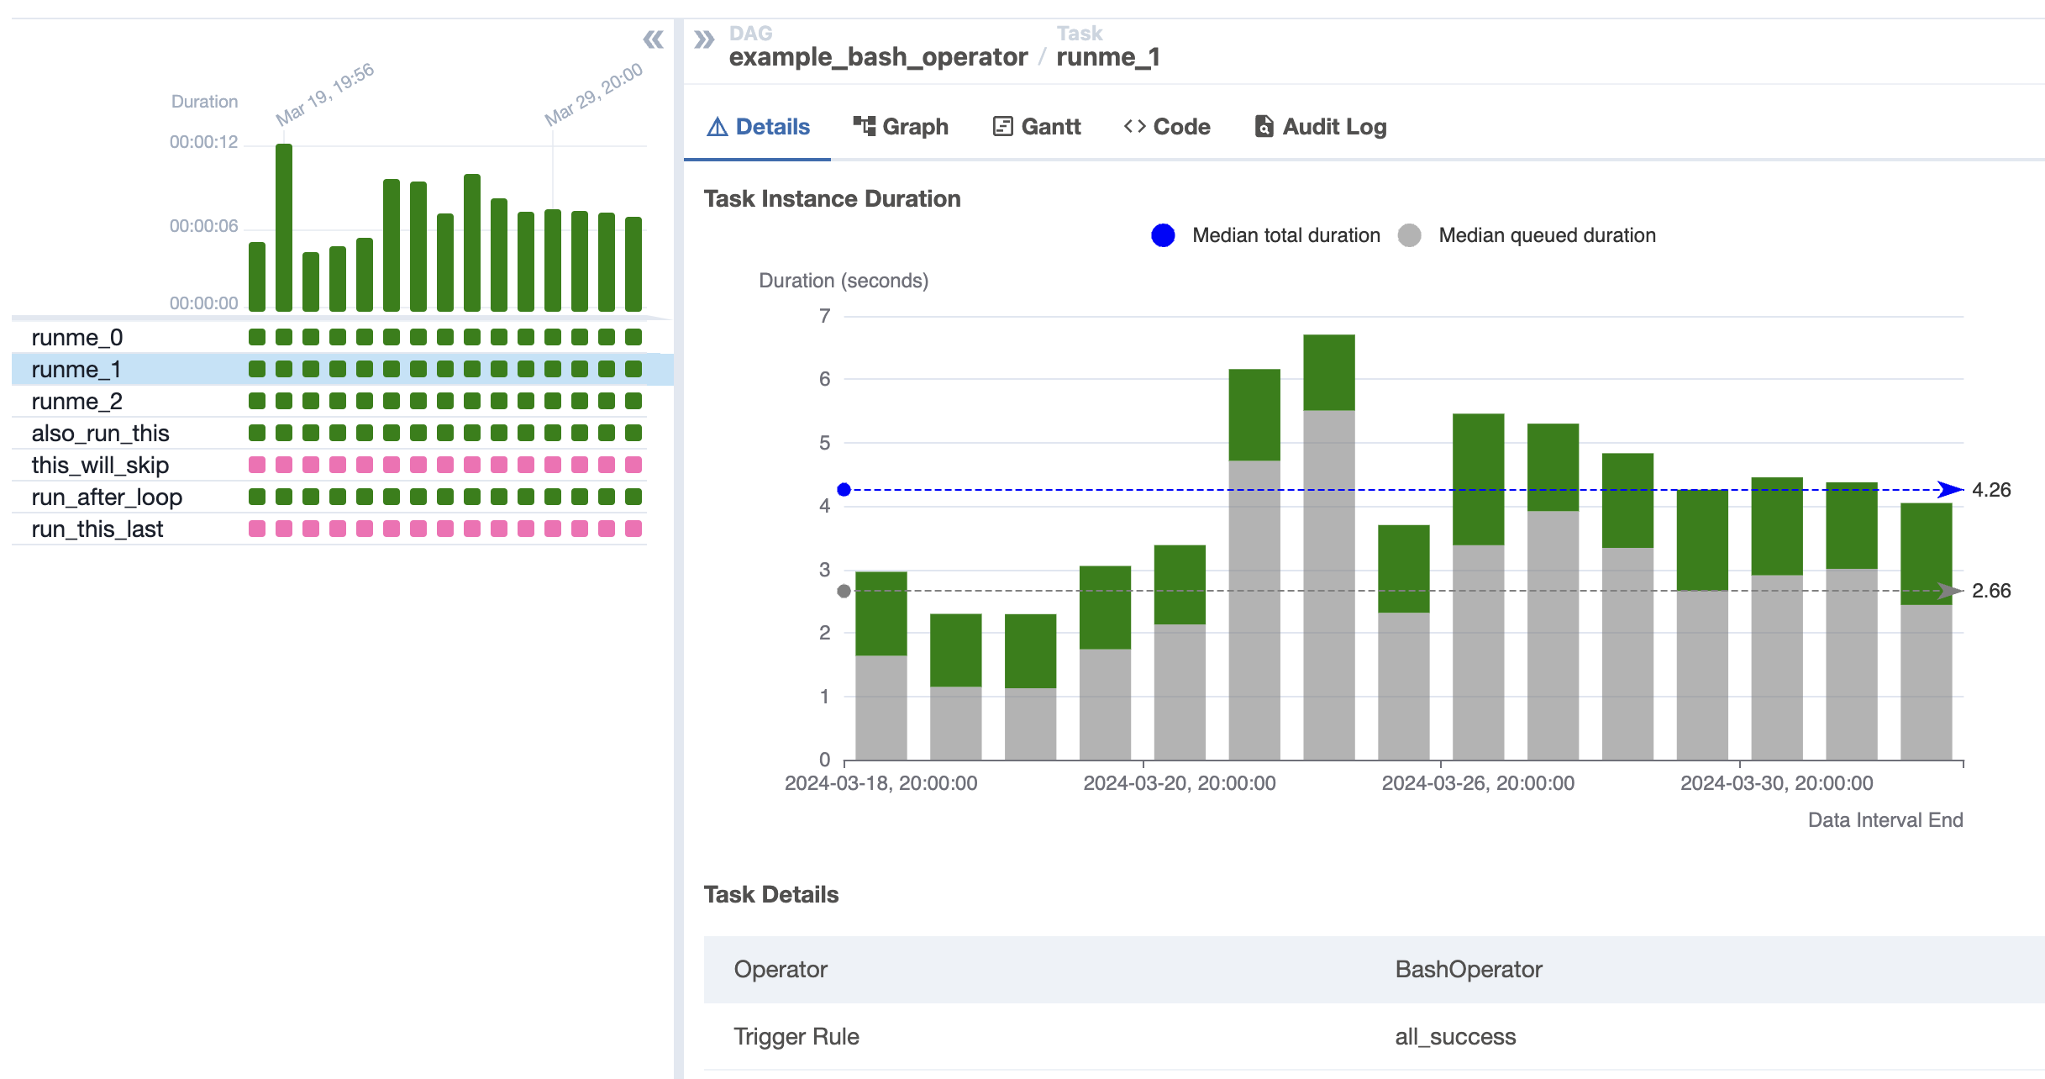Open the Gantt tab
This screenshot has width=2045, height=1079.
[1037, 127]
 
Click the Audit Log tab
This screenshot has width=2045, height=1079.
[1321, 127]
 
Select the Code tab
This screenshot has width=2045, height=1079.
[1167, 127]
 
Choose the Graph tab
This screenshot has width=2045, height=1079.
[901, 127]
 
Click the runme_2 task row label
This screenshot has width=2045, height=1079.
[76, 402]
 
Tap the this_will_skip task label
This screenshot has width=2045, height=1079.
[100, 466]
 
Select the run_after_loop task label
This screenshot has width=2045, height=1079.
[107, 497]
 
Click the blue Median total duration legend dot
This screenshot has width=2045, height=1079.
[1163, 235]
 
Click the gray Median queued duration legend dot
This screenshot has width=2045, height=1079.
[1410, 235]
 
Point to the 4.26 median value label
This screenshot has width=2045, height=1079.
[1991, 490]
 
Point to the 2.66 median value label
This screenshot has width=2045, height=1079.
[1991, 591]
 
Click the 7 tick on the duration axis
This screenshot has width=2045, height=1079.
[825, 316]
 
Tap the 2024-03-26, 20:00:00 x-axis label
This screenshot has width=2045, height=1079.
[1478, 783]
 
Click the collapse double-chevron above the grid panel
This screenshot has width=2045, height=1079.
[653, 39]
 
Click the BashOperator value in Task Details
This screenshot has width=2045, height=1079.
[1469, 970]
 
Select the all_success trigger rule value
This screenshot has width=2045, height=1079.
[1455, 1037]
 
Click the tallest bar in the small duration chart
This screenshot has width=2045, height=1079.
[284, 227]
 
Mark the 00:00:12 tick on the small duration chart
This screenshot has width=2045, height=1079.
[203, 142]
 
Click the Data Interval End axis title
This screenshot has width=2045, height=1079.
[1885, 820]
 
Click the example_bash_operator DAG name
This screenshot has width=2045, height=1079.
[878, 57]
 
